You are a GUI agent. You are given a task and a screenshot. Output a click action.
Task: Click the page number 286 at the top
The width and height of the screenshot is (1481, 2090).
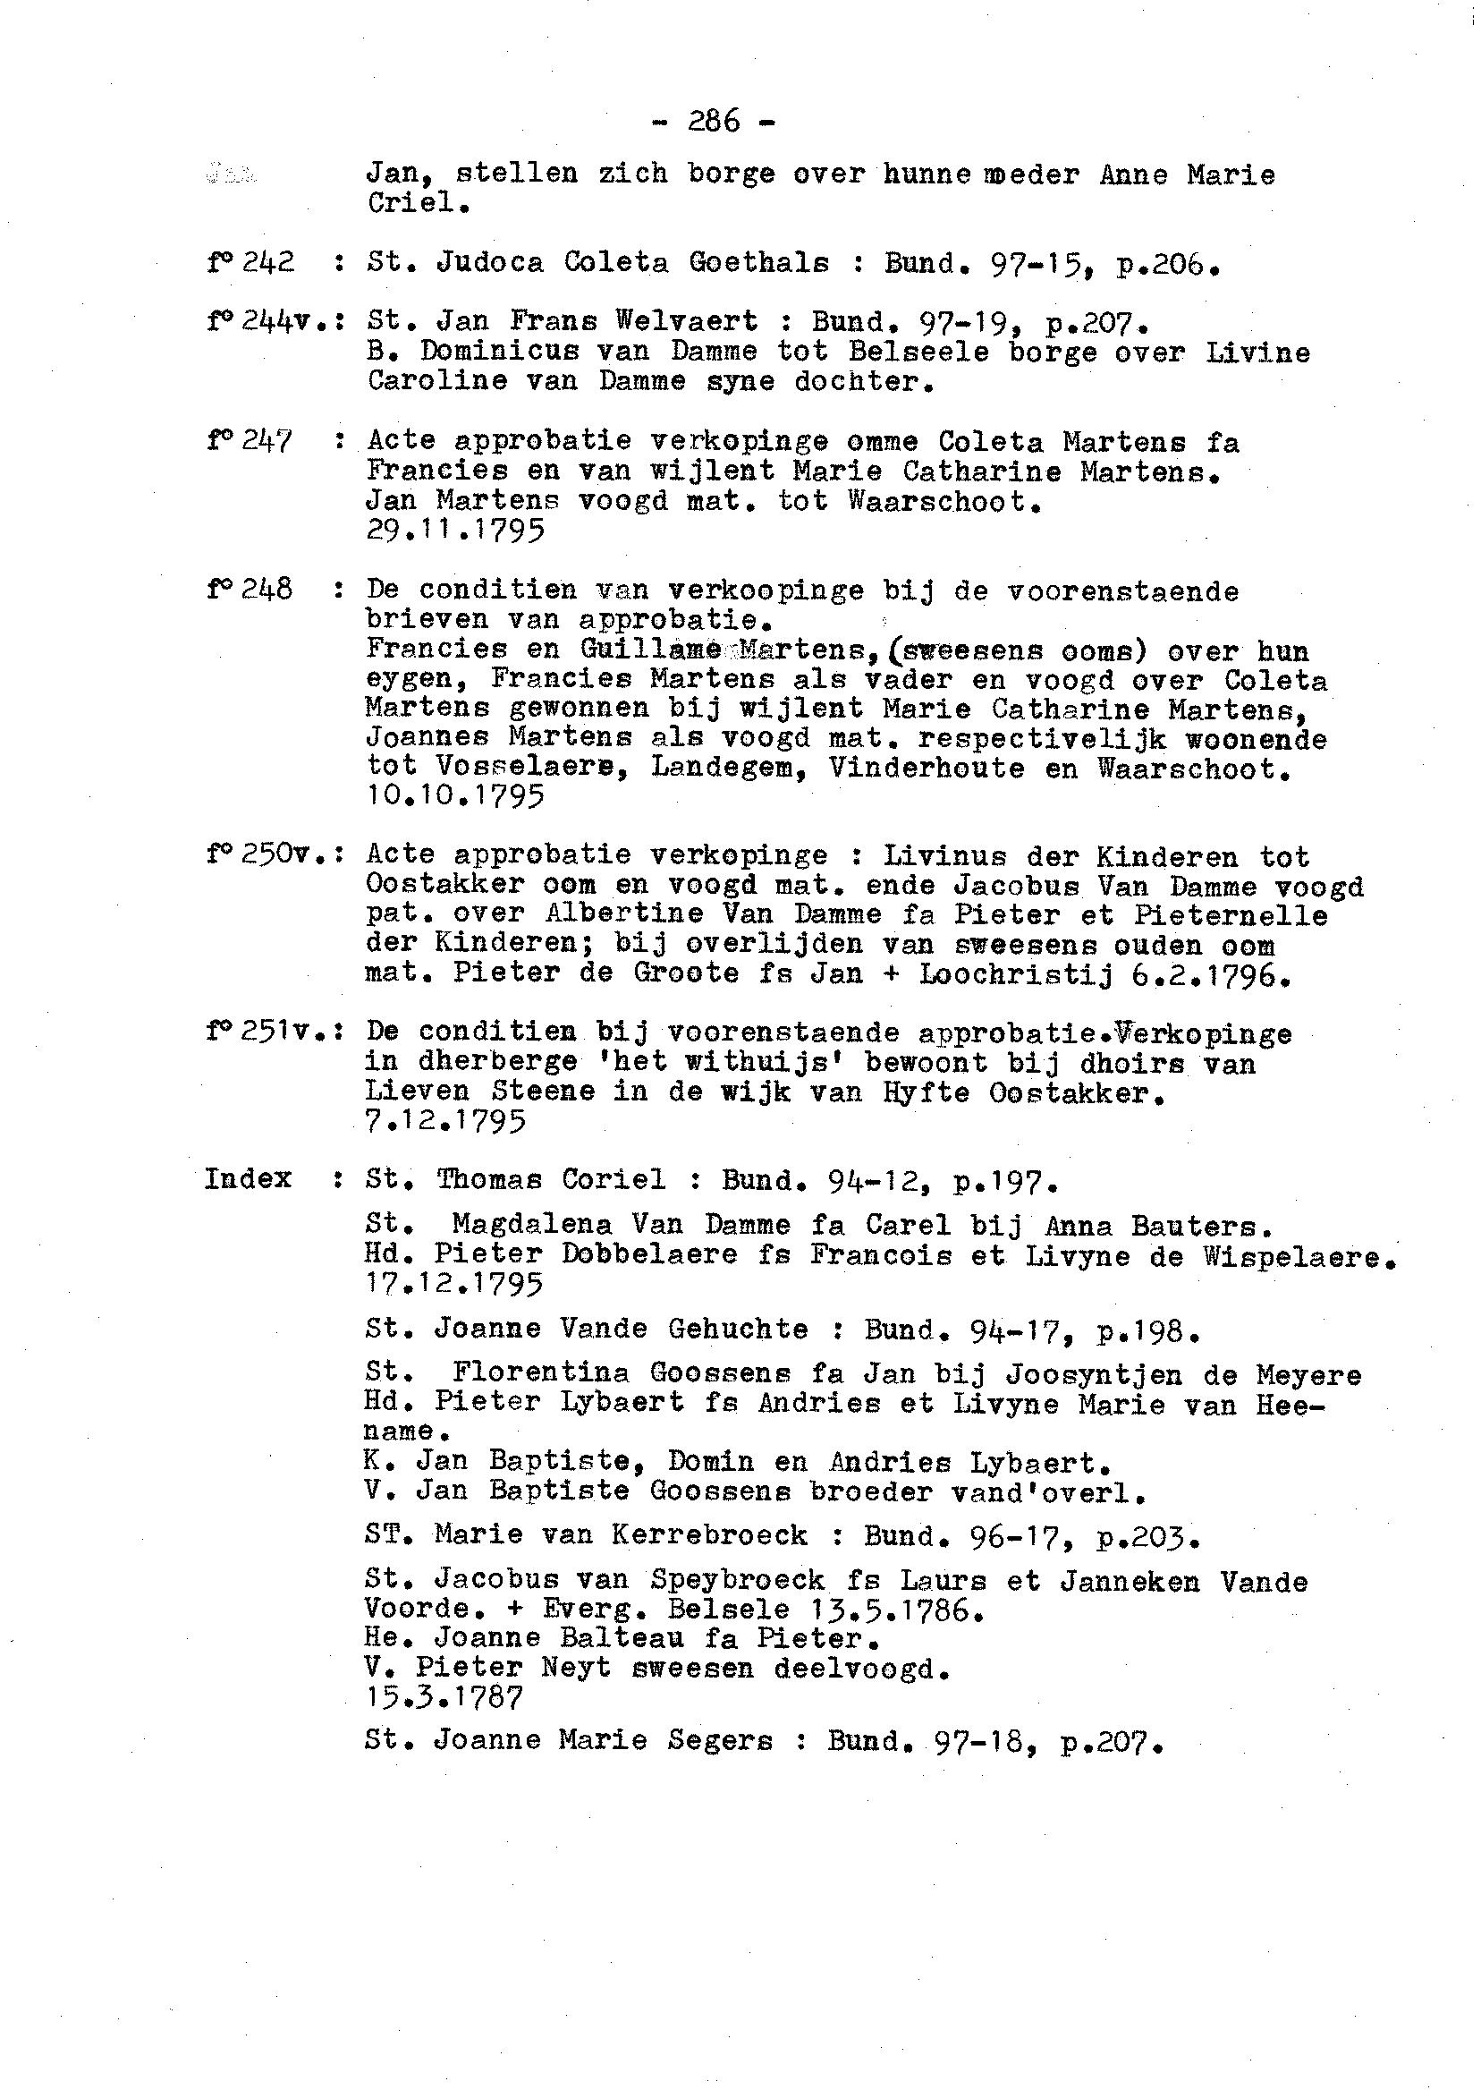(714, 122)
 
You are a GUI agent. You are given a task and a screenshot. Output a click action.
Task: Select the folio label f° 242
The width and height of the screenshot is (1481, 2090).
(250, 263)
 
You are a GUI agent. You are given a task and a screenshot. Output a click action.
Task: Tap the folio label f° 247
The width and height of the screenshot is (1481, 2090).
(250, 442)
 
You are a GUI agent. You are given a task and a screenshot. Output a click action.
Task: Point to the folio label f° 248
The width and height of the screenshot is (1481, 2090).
(250, 590)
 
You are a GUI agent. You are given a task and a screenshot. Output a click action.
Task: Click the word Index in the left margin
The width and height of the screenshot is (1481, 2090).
(248, 1178)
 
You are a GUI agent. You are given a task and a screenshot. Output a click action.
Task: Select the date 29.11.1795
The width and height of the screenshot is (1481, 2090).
(455, 530)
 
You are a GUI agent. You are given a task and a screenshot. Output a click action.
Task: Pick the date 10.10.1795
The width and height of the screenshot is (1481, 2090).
(455, 796)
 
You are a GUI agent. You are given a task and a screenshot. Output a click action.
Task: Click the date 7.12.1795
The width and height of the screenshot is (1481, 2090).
(446, 1120)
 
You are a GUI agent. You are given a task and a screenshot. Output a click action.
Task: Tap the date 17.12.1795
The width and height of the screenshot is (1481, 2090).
(453, 1285)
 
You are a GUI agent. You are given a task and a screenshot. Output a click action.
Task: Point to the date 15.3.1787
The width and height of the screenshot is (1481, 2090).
(444, 1698)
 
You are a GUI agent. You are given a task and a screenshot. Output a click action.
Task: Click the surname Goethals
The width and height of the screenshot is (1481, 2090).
(758, 263)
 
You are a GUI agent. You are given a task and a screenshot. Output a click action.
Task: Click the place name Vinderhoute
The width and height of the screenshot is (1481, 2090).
(927, 769)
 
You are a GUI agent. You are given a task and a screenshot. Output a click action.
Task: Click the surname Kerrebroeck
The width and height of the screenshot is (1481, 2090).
(709, 1536)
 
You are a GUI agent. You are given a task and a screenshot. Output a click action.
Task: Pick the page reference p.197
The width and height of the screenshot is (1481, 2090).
(1004, 1182)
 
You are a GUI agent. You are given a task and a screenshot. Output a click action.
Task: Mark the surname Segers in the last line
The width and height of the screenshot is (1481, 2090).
(720, 1740)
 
